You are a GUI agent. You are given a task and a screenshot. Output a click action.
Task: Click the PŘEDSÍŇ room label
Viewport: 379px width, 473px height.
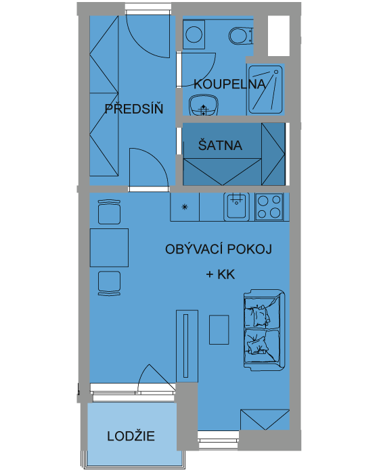(x=134, y=109)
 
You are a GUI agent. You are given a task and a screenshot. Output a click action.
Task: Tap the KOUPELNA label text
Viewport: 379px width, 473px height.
(x=229, y=84)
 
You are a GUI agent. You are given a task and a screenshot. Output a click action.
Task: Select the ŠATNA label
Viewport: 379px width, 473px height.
(x=220, y=145)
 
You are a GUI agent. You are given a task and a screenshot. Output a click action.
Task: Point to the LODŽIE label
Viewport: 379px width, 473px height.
(x=131, y=436)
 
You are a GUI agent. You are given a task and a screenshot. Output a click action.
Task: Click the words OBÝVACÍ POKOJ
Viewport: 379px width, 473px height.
(x=219, y=249)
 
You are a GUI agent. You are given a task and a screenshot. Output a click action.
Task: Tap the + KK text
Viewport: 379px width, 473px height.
(x=221, y=274)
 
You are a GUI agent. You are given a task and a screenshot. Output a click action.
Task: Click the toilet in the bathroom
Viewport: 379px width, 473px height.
(x=241, y=36)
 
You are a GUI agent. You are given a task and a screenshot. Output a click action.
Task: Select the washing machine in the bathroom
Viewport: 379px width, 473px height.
(x=194, y=34)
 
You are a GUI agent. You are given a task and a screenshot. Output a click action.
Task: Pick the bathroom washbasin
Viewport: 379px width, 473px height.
(x=204, y=105)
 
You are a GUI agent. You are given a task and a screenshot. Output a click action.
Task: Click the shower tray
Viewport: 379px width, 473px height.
(x=265, y=89)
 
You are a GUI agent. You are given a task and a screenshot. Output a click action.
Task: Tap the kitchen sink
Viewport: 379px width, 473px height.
(x=237, y=206)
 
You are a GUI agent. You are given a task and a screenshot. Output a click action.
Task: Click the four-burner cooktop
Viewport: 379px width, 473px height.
(x=269, y=207)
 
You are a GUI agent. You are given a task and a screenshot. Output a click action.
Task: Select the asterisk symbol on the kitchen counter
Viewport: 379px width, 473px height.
(x=185, y=207)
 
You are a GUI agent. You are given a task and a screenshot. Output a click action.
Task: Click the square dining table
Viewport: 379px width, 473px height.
(x=109, y=247)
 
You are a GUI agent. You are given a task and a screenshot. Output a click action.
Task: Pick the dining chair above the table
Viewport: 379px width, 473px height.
(x=109, y=211)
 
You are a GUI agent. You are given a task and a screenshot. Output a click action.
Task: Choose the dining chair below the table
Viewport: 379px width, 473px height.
(x=109, y=283)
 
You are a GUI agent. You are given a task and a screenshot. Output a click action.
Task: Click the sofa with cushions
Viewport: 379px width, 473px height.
(x=264, y=330)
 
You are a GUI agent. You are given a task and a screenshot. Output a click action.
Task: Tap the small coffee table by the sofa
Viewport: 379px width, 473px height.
(x=219, y=330)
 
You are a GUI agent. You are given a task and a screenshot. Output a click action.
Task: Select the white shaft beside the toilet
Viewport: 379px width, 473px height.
(x=279, y=36)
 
